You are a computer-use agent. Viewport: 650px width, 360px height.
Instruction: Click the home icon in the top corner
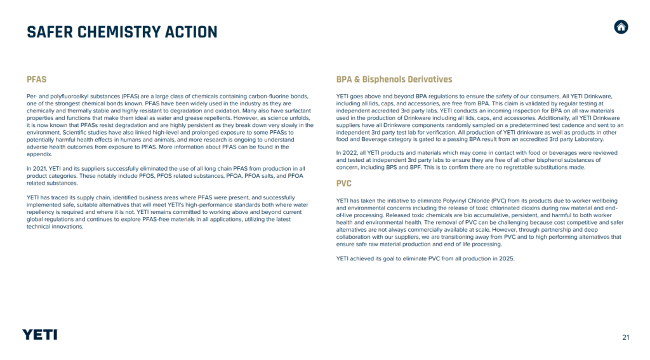pyautogui.click(x=621, y=27)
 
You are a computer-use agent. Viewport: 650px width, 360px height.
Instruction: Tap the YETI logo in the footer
pyautogui.click(x=40, y=335)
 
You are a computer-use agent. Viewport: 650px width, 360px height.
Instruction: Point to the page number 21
pyautogui.click(x=626, y=337)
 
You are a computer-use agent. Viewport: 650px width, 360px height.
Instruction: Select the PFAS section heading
pyautogui.click(x=36, y=79)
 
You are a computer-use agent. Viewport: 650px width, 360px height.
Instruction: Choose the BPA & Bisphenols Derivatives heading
pyautogui.click(x=394, y=79)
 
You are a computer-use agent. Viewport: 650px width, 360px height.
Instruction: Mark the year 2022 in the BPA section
pyautogui.click(x=351, y=154)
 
